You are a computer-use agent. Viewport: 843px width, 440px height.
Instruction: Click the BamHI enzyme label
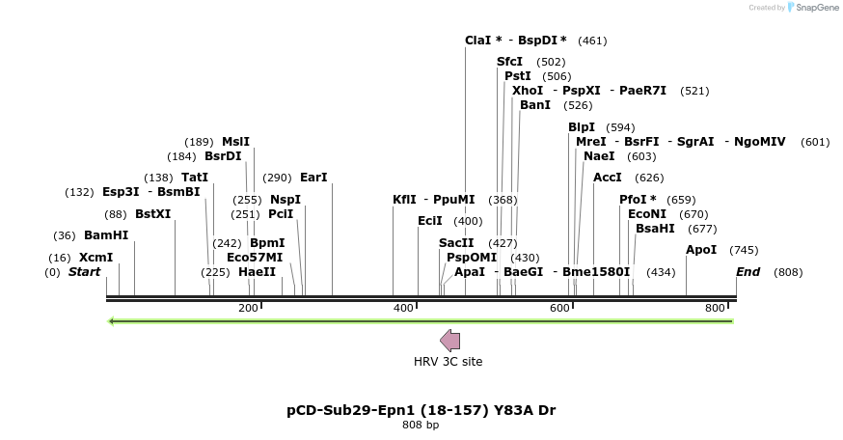[106, 235]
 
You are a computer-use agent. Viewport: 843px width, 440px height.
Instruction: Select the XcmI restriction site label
[95, 258]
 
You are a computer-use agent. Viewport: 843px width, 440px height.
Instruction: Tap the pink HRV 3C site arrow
[449, 340]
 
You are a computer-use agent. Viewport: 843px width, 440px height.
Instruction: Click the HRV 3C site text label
[448, 362]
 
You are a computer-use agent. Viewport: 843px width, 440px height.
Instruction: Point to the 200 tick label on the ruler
[248, 308]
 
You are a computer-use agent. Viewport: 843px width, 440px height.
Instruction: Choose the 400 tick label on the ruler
[402, 308]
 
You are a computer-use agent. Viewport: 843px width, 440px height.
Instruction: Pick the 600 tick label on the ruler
[559, 308]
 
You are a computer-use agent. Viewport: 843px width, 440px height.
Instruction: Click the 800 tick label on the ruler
[715, 308]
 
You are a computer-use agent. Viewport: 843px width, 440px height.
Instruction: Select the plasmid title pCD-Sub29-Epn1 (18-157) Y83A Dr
[421, 410]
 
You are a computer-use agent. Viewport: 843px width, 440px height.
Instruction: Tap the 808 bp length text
[421, 425]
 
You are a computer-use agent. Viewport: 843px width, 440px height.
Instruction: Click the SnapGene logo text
[813, 8]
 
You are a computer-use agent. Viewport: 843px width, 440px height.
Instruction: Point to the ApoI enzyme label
[701, 250]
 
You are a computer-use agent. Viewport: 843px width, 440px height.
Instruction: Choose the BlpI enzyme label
[582, 127]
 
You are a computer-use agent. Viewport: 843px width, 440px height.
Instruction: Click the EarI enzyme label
[313, 178]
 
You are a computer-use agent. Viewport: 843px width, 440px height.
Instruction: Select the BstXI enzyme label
[152, 214]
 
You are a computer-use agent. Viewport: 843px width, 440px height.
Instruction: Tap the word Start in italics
[84, 272]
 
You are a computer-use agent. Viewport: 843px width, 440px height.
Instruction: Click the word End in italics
[748, 272]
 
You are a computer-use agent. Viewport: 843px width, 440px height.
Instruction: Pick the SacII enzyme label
[456, 243]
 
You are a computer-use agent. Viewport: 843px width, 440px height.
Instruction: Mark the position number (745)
[744, 251]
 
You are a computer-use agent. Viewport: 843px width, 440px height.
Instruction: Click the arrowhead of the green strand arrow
[112, 321]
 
